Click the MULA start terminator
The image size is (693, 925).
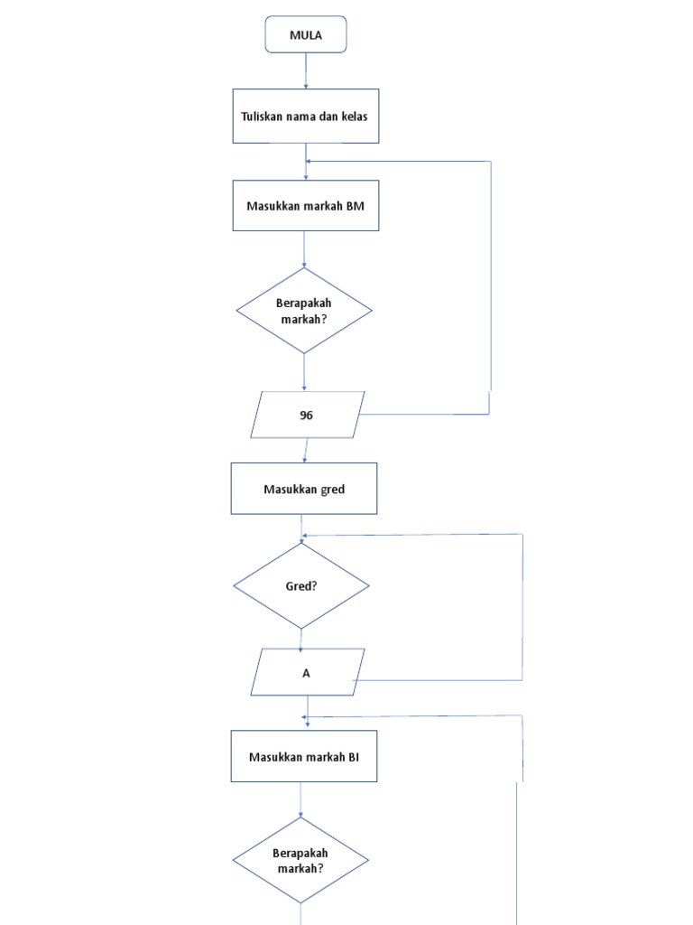(x=305, y=35)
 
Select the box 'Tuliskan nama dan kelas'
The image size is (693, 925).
(x=305, y=116)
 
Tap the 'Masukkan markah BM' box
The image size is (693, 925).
(x=305, y=205)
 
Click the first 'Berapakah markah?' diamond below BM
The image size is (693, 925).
(x=304, y=310)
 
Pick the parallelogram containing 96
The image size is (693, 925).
(x=306, y=415)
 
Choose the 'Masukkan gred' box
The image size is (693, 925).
(x=304, y=489)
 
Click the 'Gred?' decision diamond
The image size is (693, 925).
(x=301, y=585)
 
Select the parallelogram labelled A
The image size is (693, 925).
(x=306, y=672)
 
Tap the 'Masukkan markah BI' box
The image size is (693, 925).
(x=304, y=756)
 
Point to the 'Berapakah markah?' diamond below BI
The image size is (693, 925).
(x=300, y=860)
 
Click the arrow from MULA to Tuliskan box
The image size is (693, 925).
(x=306, y=70)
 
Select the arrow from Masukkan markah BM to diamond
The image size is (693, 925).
(x=304, y=248)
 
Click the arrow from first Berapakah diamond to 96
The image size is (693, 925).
(x=304, y=371)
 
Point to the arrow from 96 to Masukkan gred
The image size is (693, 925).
(x=305, y=450)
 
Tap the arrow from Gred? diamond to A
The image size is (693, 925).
(x=300, y=639)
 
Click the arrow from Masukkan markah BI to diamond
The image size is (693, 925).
(x=300, y=799)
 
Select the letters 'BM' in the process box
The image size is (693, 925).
(x=356, y=205)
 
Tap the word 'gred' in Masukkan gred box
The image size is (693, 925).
(x=332, y=489)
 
